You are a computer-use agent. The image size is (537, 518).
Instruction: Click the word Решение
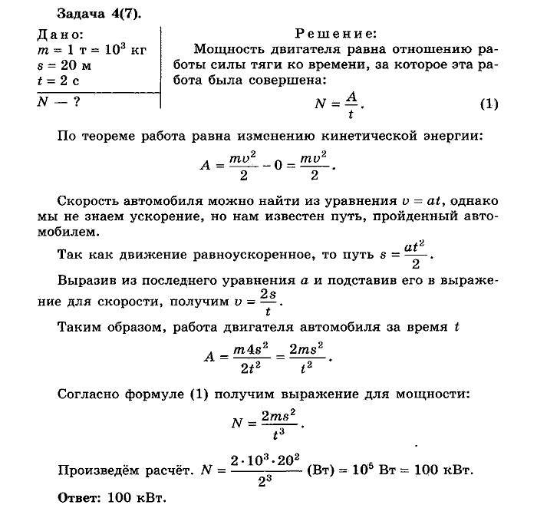(335, 35)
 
